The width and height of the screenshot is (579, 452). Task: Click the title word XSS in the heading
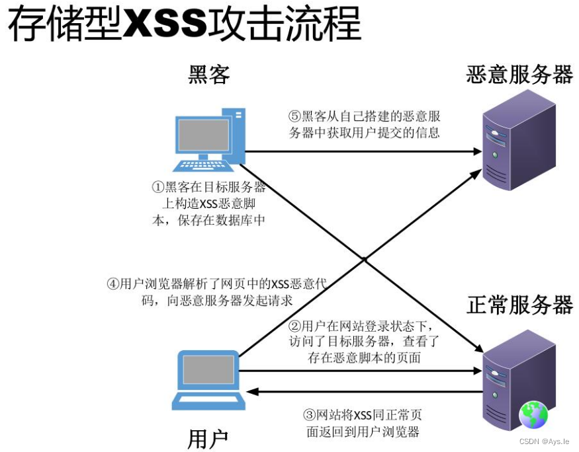click(165, 23)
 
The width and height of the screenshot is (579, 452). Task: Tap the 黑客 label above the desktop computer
click(209, 75)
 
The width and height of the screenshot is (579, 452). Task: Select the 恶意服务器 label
click(519, 75)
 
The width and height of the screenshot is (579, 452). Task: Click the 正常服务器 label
click(519, 305)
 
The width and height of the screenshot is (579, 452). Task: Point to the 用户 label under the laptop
click(208, 439)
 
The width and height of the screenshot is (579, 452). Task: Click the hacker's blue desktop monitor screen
click(204, 135)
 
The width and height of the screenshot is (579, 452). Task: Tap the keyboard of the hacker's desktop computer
click(203, 166)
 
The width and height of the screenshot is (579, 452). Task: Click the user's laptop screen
click(208, 369)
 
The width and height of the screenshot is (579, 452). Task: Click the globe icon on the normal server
click(533, 415)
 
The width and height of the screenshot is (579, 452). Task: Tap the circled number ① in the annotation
click(158, 187)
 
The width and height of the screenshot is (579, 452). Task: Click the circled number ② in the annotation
click(294, 326)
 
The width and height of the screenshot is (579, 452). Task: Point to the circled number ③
click(310, 415)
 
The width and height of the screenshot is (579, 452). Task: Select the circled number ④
click(113, 284)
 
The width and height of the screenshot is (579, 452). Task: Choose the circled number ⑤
click(294, 116)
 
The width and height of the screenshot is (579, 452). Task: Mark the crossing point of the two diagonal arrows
click(365, 260)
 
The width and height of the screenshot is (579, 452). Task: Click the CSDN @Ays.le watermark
click(544, 441)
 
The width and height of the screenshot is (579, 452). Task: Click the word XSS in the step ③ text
click(363, 416)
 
